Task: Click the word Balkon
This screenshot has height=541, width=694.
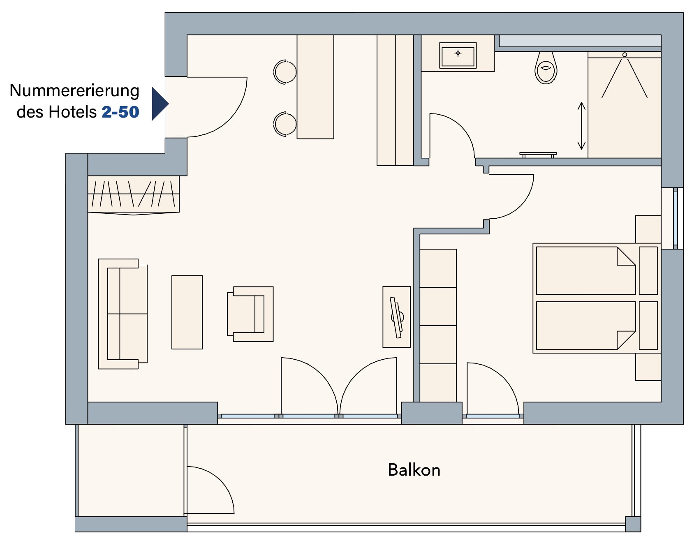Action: [x=414, y=470]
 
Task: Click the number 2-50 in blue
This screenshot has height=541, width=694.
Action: [x=120, y=112]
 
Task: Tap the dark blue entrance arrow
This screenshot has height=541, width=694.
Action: [x=160, y=104]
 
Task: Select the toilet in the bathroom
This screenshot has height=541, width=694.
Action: [x=546, y=68]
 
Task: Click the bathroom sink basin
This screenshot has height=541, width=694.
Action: [x=458, y=55]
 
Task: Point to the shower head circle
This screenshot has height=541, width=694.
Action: [x=625, y=55]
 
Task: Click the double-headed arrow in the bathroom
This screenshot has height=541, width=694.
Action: [x=581, y=125]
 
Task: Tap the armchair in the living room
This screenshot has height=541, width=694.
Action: [x=250, y=314]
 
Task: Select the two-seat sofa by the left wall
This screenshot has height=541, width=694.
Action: [x=123, y=314]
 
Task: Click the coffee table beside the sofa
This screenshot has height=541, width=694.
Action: [x=187, y=312]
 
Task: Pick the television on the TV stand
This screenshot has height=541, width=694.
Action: [x=397, y=317]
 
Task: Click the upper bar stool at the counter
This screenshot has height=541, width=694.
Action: [x=285, y=72]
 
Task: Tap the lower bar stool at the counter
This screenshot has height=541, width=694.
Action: [x=285, y=124]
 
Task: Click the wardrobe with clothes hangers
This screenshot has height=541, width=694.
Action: [x=134, y=195]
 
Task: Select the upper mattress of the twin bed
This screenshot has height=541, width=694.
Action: [x=586, y=270]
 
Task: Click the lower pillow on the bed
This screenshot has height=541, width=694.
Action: [x=648, y=326]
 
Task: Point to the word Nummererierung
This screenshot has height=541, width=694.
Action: [x=74, y=91]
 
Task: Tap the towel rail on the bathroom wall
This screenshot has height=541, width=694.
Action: [x=538, y=155]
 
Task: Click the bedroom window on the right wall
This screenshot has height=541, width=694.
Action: [x=675, y=218]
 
